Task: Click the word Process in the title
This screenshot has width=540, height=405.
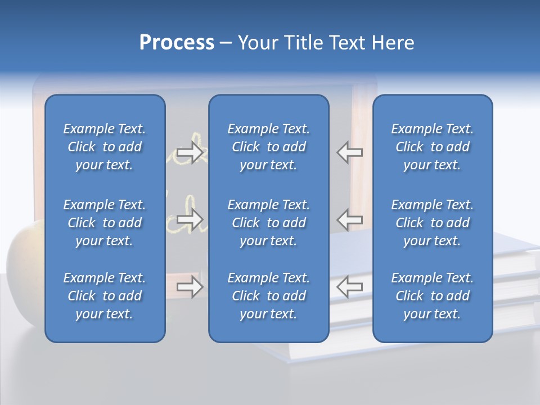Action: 177,43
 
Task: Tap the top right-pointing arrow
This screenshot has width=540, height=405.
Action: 190,152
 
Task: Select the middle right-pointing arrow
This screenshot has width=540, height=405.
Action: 190,219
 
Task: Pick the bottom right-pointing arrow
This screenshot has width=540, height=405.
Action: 190,287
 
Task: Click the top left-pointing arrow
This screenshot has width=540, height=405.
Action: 349,152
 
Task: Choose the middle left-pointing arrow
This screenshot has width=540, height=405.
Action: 349,219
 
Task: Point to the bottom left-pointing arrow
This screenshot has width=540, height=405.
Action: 349,287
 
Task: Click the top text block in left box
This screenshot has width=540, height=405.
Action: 105,147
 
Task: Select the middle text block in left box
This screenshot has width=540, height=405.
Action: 105,223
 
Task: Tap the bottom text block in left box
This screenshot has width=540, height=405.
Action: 105,296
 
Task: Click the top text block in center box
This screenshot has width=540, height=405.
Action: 268,147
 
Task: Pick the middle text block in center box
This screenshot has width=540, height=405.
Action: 268,223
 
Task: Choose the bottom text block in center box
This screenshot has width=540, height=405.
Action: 268,296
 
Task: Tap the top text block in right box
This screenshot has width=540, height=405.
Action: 433,147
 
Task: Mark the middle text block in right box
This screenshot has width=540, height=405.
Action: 433,223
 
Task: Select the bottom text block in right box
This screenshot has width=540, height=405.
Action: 433,296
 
